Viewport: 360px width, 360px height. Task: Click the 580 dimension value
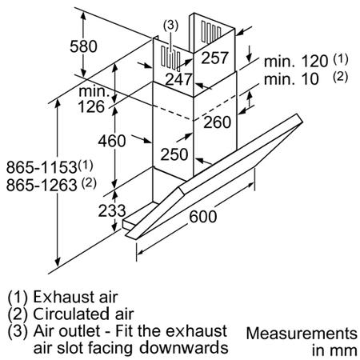[x=83, y=46]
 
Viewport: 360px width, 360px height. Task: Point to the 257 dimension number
[x=214, y=58]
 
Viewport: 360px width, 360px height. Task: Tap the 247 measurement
[x=178, y=79]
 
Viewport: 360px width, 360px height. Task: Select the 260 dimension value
[x=218, y=122]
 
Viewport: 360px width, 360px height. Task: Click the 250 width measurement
[x=174, y=154]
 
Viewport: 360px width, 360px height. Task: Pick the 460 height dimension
[x=112, y=141]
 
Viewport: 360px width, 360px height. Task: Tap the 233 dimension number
[x=112, y=210]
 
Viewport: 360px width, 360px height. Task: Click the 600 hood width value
[x=203, y=217]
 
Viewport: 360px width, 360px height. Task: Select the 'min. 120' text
[x=296, y=62]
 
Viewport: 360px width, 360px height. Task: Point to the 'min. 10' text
[x=291, y=79]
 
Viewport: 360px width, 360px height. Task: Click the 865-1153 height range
[x=42, y=168]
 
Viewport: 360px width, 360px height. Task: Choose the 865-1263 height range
[x=42, y=185]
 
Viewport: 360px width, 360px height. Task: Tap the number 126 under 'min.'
[x=91, y=107]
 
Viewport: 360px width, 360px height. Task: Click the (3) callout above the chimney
[x=170, y=25]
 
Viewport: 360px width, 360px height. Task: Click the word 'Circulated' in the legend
[x=70, y=314]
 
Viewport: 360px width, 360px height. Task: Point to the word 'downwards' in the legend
[x=184, y=348]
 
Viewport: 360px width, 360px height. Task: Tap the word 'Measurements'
[x=302, y=334]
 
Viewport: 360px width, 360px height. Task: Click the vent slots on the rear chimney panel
[x=211, y=31]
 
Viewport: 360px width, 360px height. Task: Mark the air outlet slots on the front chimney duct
[x=170, y=58]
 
